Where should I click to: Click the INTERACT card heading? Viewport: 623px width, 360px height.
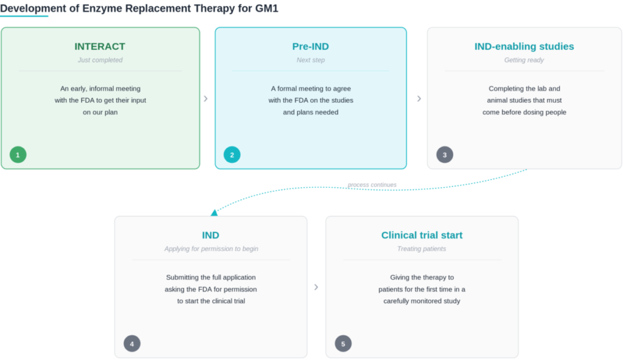point(100,46)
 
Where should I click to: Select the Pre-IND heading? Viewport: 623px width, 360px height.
point(311,46)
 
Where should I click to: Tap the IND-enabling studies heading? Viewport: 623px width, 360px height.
point(524,46)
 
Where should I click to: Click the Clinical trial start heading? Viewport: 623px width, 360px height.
point(422,235)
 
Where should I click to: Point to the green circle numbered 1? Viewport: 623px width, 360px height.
point(18,154)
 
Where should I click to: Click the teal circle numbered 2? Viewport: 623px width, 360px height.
point(232,154)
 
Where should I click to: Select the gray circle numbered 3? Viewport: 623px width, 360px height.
point(445,154)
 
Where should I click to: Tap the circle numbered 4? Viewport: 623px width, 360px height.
point(132,344)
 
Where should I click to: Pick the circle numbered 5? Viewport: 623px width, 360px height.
point(343,344)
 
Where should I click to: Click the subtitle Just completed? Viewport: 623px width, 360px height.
point(100,60)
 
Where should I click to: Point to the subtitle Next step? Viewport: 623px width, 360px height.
point(311,60)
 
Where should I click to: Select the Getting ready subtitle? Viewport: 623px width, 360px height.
point(524,60)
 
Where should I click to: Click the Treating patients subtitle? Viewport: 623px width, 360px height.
point(422,249)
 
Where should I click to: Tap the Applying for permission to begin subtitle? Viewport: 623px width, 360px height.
point(211,249)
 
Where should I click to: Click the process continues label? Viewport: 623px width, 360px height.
point(372,185)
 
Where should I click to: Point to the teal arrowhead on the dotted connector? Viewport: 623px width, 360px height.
point(214,213)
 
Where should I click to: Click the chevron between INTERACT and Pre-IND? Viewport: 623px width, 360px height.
point(206,99)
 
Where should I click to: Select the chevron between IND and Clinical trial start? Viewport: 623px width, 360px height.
point(316,287)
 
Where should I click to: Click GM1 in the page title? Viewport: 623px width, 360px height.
point(266,9)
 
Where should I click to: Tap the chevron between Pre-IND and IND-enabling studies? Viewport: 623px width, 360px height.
point(419,99)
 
